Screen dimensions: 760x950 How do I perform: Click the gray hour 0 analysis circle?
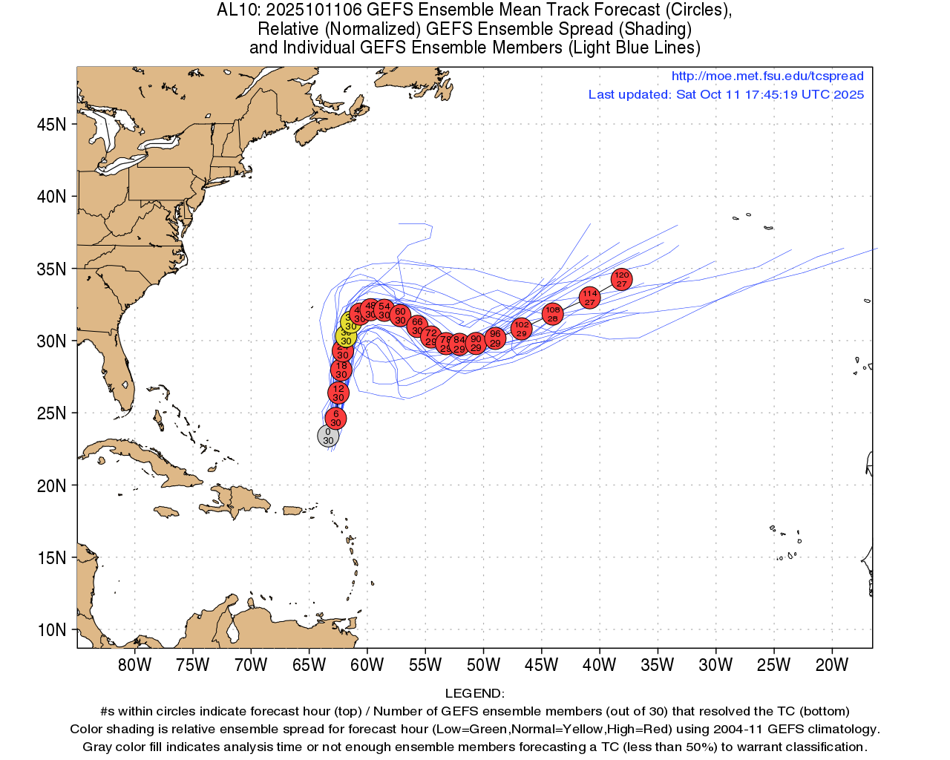(x=328, y=436)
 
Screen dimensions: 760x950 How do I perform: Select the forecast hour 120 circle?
(x=622, y=279)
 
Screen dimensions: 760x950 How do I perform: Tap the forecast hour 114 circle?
(x=589, y=298)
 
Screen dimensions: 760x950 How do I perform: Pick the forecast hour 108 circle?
(x=552, y=314)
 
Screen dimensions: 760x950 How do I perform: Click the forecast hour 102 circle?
(x=522, y=329)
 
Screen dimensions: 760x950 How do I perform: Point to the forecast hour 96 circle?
(x=495, y=338)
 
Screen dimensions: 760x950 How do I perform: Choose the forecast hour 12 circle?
(x=338, y=393)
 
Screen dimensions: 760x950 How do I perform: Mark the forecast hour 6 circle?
(x=335, y=419)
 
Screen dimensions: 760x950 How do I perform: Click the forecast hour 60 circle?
(x=400, y=315)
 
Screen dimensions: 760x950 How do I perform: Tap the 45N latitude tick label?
(x=51, y=124)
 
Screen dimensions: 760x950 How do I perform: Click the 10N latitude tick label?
(x=51, y=630)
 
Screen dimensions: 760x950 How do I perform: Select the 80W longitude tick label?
(x=134, y=665)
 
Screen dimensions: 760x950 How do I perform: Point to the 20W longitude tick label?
(x=831, y=665)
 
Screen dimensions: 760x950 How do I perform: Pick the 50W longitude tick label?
(x=483, y=665)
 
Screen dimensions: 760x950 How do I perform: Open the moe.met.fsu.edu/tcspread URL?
(x=767, y=76)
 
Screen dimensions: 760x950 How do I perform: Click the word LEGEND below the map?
(x=472, y=693)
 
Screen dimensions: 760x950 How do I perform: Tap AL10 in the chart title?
(x=236, y=10)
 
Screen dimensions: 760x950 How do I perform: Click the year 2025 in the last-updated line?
(x=848, y=94)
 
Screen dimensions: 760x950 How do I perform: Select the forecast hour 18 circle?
(x=341, y=370)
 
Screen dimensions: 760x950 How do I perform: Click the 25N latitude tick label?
(x=51, y=413)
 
